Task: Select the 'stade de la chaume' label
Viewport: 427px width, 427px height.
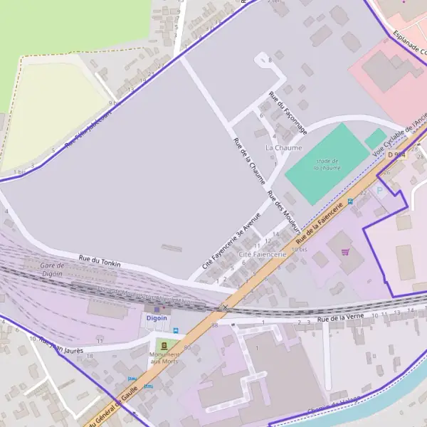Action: pos(327,165)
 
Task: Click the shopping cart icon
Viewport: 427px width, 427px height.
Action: pos(345,251)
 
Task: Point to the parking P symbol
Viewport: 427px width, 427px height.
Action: pos(379,190)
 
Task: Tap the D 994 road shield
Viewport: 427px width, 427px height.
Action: pos(396,154)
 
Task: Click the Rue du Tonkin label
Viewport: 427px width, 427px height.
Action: pos(100,260)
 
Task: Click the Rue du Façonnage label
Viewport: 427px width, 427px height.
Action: pos(287,112)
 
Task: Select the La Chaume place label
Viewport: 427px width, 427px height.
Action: pos(283,147)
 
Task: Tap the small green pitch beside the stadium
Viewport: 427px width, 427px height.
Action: pos(375,138)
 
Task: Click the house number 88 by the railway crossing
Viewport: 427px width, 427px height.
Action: pos(214,325)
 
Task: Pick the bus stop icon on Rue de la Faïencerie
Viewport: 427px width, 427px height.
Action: pos(350,202)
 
